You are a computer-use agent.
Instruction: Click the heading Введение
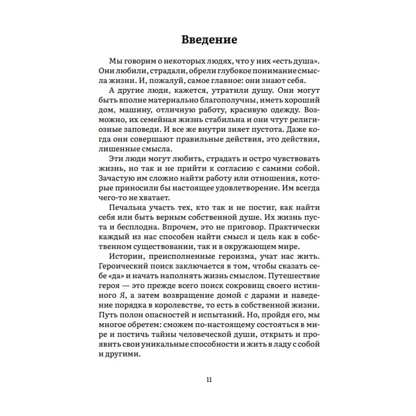209,40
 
